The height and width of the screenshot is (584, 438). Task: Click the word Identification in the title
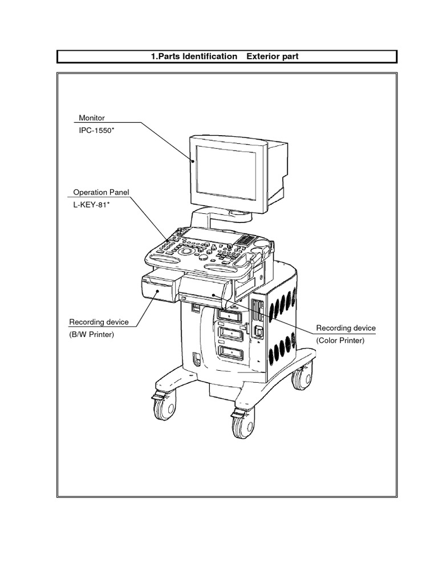pyautogui.click(x=209, y=56)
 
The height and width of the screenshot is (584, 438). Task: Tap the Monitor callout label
pyautogui.click(x=91, y=117)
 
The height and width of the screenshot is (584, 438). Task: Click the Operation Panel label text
pyautogui.click(x=102, y=192)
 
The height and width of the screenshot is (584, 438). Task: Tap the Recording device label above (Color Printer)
pyautogui.click(x=346, y=328)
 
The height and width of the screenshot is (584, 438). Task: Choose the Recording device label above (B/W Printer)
pyautogui.click(x=99, y=322)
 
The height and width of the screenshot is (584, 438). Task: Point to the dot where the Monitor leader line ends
pyautogui.click(x=194, y=161)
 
